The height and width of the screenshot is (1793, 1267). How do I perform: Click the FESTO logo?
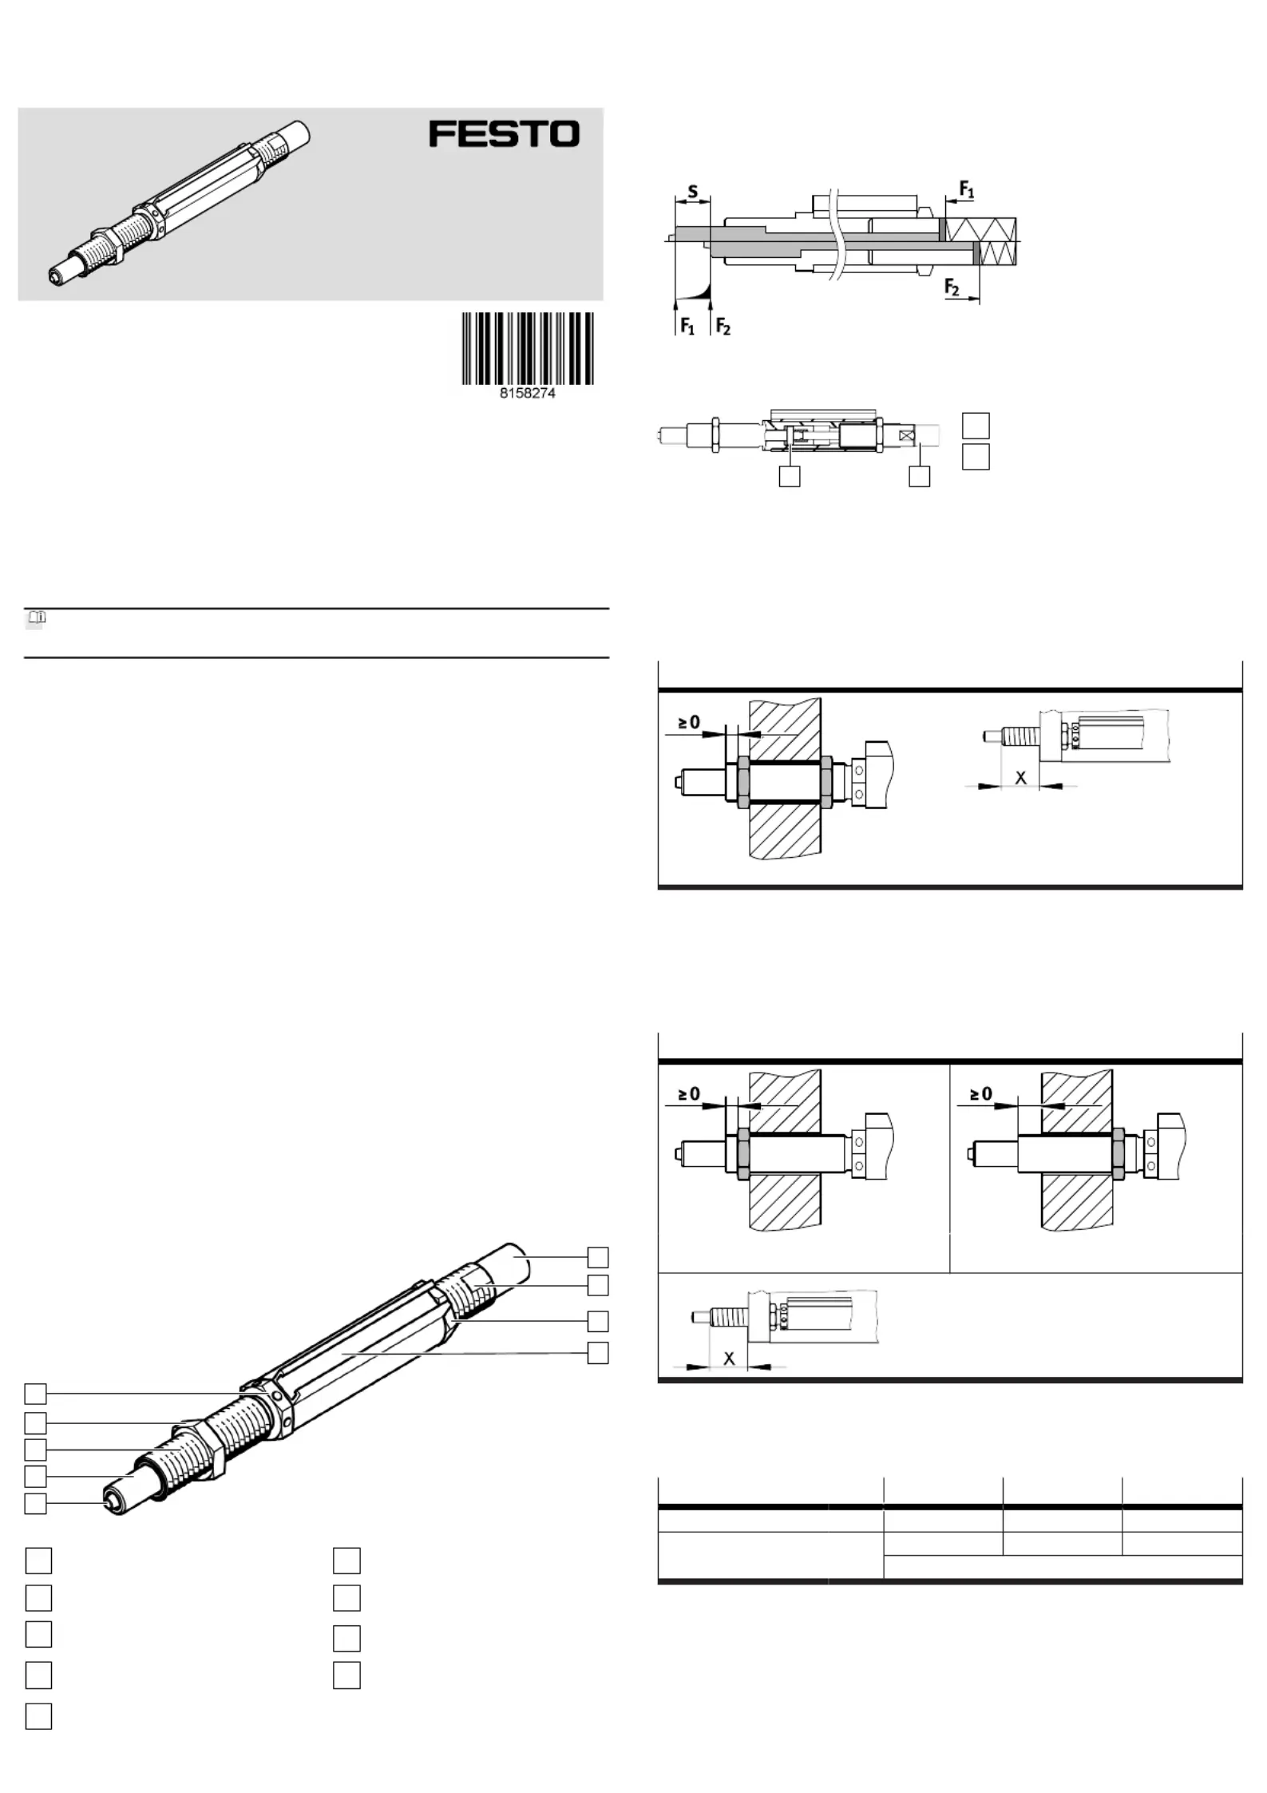pyautogui.click(x=505, y=134)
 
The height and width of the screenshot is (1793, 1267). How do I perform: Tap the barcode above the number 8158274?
pyautogui.click(x=528, y=348)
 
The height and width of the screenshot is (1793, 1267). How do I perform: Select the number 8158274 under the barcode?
pyautogui.click(x=528, y=394)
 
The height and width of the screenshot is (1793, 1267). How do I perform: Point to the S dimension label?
pyautogui.click(x=692, y=192)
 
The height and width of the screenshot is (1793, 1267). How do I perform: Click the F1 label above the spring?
pyautogui.click(x=966, y=190)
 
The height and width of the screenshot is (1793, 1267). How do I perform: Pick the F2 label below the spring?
pyautogui.click(x=952, y=286)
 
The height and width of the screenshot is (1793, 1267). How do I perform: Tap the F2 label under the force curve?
pyautogui.click(x=723, y=326)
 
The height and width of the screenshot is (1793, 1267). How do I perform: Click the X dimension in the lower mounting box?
pyautogui.click(x=729, y=1358)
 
